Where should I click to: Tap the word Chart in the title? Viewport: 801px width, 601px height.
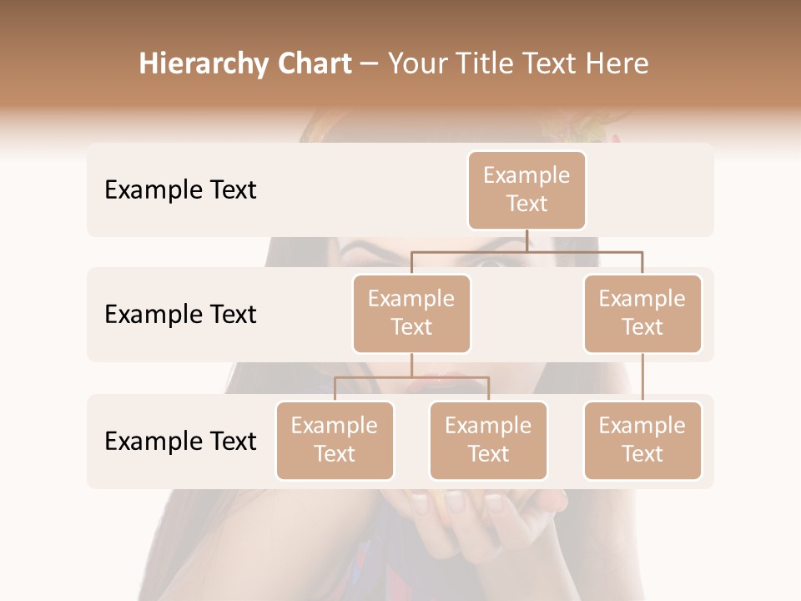click(311, 64)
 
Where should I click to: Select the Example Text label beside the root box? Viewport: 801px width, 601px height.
click(180, 190)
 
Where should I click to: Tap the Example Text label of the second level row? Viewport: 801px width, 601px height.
click(180, 315)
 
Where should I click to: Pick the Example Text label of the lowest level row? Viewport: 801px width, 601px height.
click(180, 441)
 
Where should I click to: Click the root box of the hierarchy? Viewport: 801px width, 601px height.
click(526, 190)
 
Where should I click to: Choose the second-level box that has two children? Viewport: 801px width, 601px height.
click(411, 314)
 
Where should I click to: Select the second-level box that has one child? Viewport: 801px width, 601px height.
click(642, 314)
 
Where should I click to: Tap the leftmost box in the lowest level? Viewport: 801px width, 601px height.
click(335, 441)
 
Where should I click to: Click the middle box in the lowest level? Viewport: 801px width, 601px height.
click(488, 441)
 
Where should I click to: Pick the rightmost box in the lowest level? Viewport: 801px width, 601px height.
click(642, 441)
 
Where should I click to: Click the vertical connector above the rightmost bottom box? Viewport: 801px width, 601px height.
click(642, 377)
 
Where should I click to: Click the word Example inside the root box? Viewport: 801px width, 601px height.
click(526, 175)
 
